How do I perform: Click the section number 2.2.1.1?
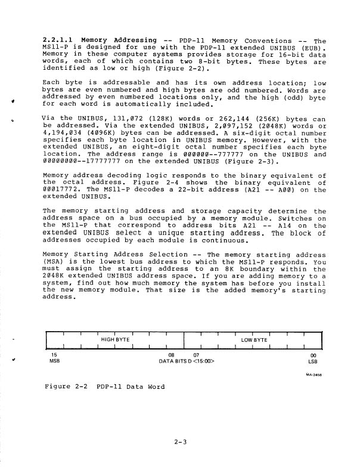point(58,40)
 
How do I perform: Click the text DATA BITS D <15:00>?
point(187,360)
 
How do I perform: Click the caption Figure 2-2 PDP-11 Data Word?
point(105,387)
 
